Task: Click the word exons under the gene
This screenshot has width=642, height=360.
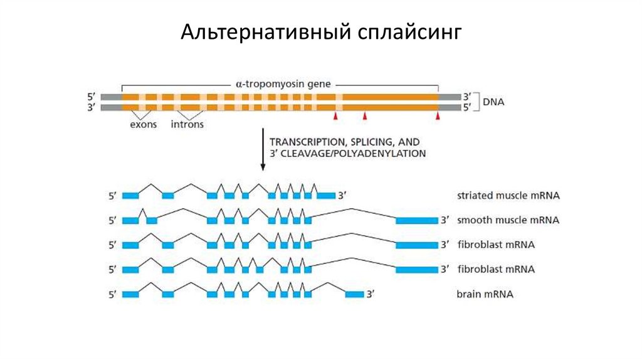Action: (x=143, y=124)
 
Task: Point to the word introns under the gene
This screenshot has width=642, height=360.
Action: (x=187, y=124)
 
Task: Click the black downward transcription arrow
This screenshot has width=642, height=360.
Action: (x=263, y=151)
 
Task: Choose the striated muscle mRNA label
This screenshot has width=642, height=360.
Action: (x=508, y=196)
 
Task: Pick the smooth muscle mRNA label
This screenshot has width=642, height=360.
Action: (x=508, y=220)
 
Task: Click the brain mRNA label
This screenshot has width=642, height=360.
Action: (x=485, y=294)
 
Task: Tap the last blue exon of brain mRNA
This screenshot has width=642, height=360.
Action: (x=354, y=294)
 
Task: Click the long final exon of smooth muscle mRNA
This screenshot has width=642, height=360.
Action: (x=416, y=220)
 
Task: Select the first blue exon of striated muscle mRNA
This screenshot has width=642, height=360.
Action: (x=130, y=196)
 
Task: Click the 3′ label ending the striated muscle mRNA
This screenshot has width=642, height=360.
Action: (x=342, y=196)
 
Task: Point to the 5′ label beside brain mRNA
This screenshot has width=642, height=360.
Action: (x=112, y=294)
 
